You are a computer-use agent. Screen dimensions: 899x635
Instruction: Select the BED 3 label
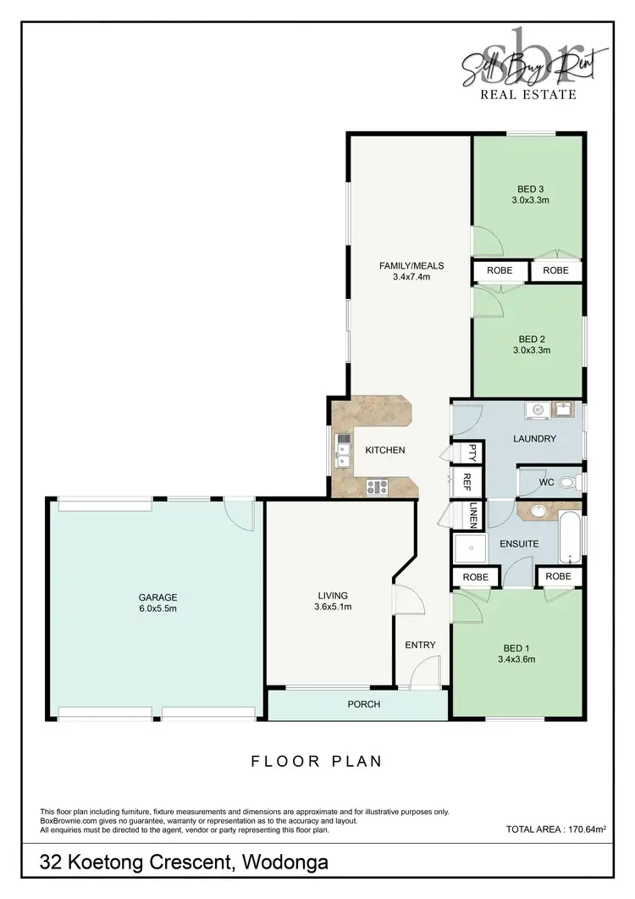(x=531, y=189)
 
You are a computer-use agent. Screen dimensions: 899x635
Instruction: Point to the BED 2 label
(x=531, y=337)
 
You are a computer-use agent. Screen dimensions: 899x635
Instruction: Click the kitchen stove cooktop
(x=376, y=486)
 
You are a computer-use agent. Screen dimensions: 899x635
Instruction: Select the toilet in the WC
(x=570, y=484)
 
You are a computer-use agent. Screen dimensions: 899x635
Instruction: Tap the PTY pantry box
(x=465, y=453)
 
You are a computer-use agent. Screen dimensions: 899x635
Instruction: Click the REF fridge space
(x=466, y=483)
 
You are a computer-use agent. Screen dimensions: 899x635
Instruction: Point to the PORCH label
(x=364, y=704)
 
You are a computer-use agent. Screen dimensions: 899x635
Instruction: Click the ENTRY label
(x=420, y=645)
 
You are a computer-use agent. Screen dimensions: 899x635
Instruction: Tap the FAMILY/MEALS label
(x=411, y=265)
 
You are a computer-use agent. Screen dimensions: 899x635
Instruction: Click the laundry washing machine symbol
(x=536, y=411)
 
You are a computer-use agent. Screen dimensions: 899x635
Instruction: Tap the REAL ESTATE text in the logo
(x=528, y=95)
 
